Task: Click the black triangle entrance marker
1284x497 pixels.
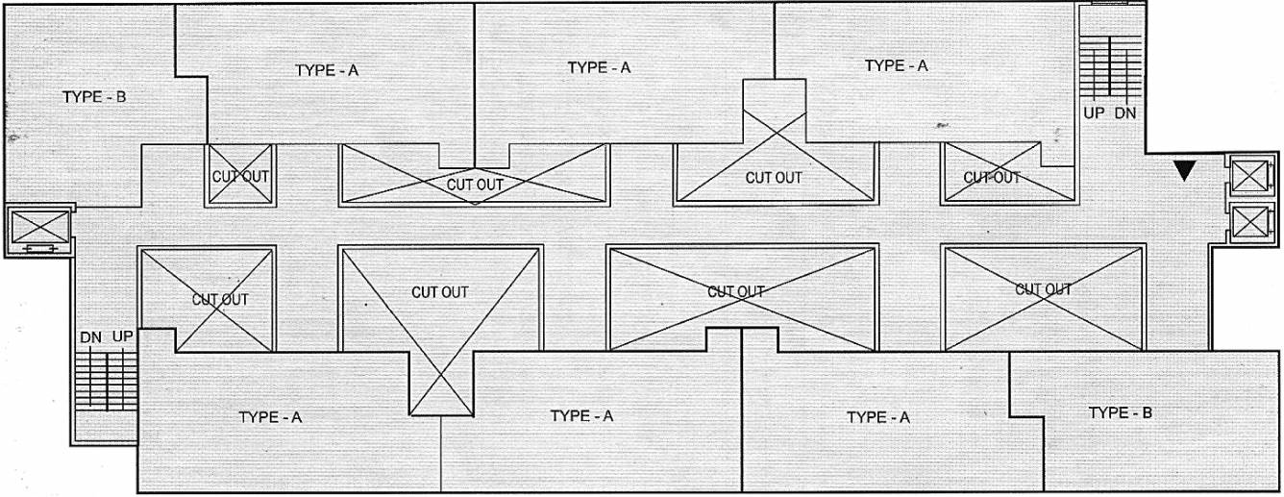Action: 1185,170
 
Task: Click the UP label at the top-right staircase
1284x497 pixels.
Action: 1095,112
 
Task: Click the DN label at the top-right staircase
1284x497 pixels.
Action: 1125,112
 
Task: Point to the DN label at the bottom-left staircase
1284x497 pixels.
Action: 91,337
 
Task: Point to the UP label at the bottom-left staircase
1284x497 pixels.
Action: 123,337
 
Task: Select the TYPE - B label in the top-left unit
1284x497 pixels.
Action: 94,97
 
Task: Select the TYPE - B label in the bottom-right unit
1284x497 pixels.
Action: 1120,413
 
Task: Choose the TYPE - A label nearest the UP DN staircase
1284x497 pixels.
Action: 896,66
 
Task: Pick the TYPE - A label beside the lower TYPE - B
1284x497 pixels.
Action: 877,417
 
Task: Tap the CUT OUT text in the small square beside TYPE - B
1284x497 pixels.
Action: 240,177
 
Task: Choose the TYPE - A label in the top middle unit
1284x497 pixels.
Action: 599,67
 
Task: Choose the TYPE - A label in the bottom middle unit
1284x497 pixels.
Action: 581,416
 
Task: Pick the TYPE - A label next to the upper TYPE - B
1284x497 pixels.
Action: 327,70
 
